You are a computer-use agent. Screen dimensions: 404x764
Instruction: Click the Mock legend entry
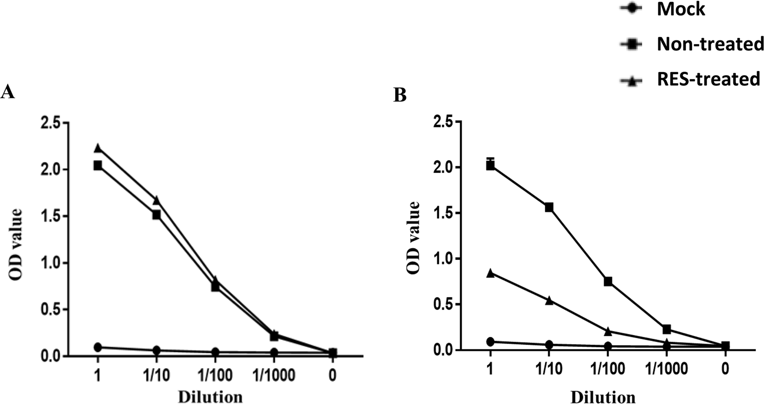[680, 9]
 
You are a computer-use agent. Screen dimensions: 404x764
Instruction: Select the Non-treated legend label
[710, 44]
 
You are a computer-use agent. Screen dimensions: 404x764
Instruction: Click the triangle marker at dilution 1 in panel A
[98, 148]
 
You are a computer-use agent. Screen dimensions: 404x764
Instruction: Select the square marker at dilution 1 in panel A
[98, 165]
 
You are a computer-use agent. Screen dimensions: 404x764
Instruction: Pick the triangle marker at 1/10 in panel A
[156, 199]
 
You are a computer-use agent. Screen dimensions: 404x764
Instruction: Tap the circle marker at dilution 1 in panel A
[98, 347]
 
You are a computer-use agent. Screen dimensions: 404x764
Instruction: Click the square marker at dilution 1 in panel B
[490, 166]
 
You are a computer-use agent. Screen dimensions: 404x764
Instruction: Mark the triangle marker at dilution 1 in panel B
[490, 273]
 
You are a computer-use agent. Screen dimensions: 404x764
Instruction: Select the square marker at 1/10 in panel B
[549, 207]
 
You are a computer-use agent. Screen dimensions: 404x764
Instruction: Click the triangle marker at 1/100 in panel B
[608, 331]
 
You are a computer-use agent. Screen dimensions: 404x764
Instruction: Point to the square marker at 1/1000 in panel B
[666, 329]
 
